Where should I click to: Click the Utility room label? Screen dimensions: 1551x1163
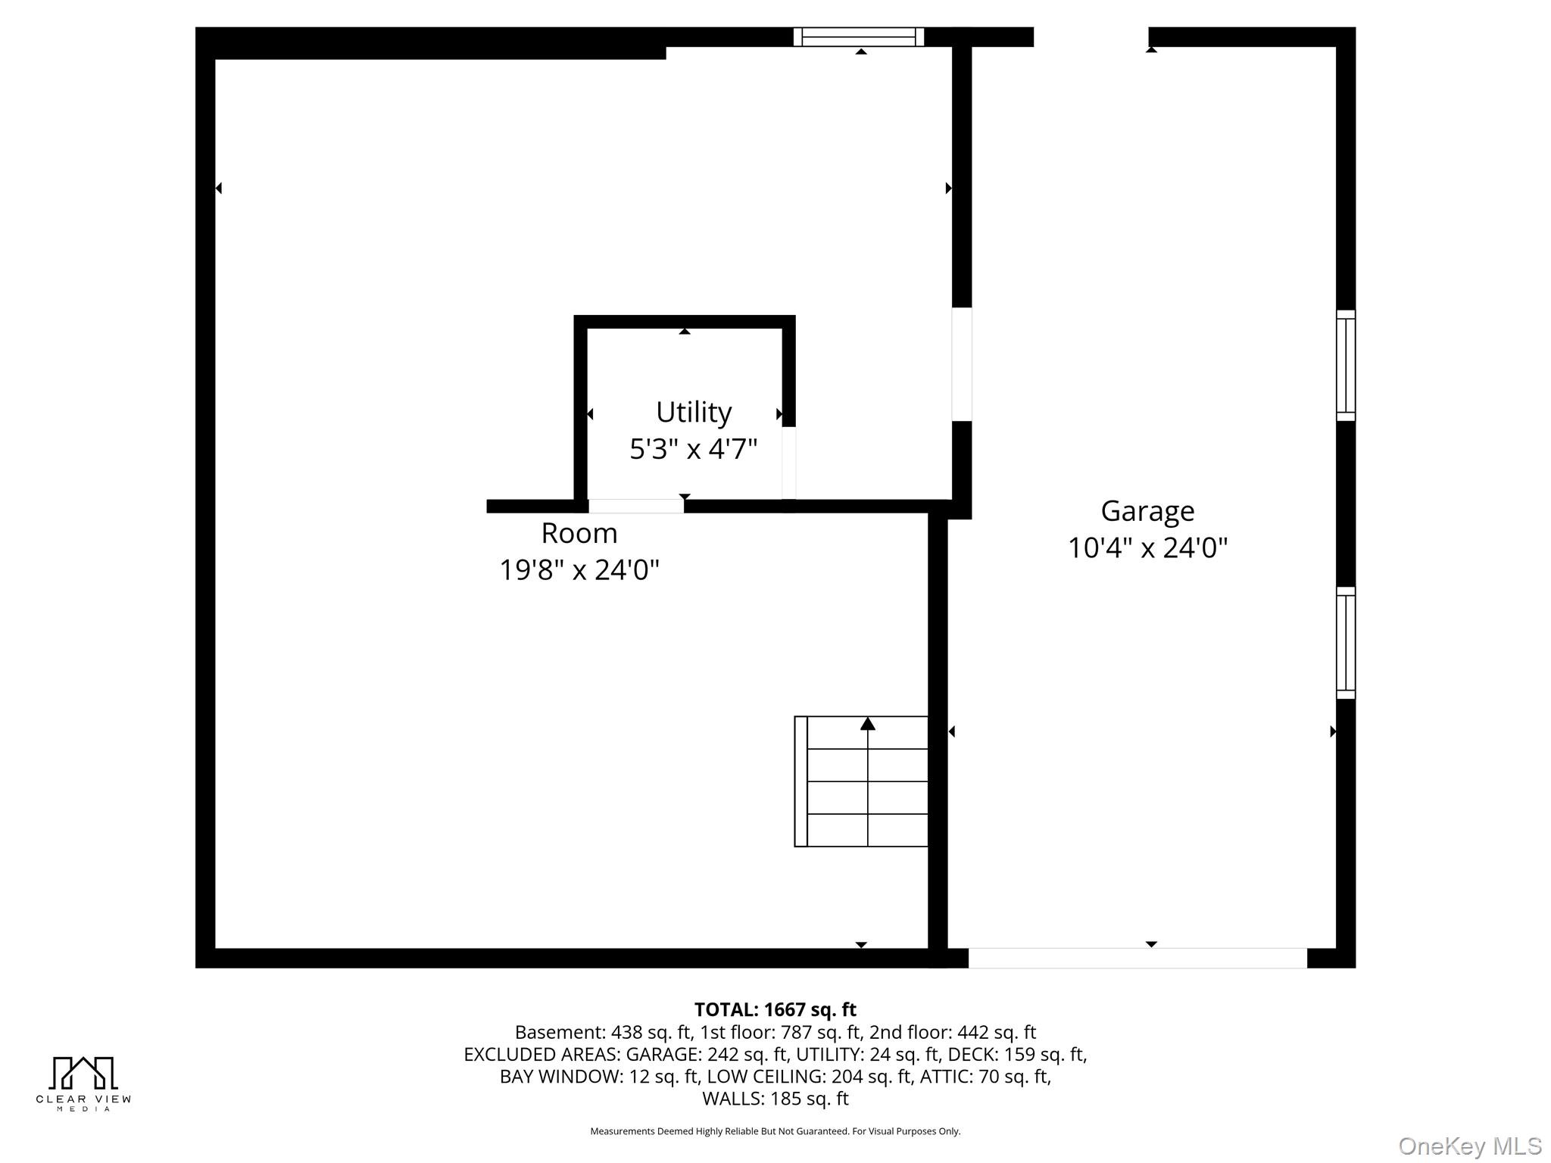[x=694, y=413]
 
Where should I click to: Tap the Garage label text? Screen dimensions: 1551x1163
[x=1147, y=511]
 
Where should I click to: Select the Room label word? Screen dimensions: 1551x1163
[x=579, y=533]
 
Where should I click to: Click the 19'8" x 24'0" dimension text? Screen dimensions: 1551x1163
[x=579, y=569]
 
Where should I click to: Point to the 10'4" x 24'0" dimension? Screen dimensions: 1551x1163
[x=1147, y=547]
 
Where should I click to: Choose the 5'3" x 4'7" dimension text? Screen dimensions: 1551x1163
[x=694, y=449]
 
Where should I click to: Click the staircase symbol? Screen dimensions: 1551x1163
[x=861, y=781]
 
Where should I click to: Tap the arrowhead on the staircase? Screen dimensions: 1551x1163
[x=868, y=724]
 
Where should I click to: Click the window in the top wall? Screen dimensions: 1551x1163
[x=859, y=36]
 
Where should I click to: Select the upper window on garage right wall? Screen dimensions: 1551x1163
[x=1346, y=365]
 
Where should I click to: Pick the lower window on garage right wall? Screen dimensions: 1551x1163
[x=1346, y=643]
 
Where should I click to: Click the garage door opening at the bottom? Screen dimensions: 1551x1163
[x=1138, y=958]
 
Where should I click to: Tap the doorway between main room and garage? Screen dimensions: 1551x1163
[x=962, y=364]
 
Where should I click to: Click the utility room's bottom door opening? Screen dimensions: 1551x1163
[x=636, y=507]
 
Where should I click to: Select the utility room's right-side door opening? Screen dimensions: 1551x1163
[x=788, y=463]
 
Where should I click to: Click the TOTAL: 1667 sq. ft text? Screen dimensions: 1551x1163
[x=775, y=1009]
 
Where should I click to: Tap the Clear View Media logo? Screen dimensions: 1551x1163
[x=83, y=1083]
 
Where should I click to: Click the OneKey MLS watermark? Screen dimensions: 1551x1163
[x=1470, y=1146]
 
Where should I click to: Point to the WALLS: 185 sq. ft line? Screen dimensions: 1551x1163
[x=775, y=1098]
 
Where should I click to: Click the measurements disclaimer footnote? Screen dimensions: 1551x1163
[x=775, y=1131]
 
